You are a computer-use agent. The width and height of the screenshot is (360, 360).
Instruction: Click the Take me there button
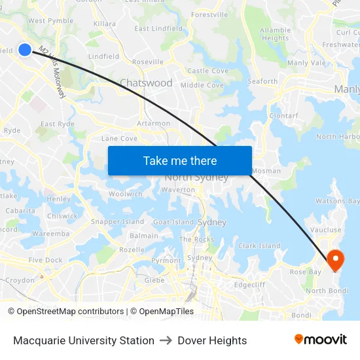click(x=179, y=160)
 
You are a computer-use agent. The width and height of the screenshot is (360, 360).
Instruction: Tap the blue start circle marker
click(x=24, y=49)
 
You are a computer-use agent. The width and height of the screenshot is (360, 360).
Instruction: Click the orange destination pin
click(x=334, y=260)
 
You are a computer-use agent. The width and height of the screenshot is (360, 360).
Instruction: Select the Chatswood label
click(x=146, y=83)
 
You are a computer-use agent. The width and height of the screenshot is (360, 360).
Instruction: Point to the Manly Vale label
click(x=306, y=63)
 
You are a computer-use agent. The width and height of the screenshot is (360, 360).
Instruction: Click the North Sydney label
click(x=196, y=177)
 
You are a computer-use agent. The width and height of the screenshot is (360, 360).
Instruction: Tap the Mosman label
click(x=267, y=171)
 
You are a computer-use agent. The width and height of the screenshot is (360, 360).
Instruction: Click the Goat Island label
click(x=173, y=222)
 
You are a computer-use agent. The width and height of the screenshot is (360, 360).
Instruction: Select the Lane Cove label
click(x=119, y=139)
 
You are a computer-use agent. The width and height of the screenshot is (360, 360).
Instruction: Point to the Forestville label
click(x=209, y=14)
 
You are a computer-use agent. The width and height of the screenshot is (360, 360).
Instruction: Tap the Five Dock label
click(x=46, y=260)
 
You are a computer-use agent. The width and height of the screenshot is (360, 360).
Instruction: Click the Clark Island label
click(x=259, y=246)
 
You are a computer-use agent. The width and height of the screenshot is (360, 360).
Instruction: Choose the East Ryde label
click(x=57, y=124)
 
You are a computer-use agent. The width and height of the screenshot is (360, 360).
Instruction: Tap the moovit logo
click(x=321, y=340)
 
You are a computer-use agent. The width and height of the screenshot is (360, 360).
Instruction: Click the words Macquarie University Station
click(x=84, y=340)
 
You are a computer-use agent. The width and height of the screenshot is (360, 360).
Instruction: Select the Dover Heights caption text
click(x=212, y=340)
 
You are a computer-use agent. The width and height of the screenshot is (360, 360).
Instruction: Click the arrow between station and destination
click(x=166, y=340)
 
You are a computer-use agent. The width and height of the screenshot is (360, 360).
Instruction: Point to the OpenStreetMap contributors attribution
click(x=65, y=312)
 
